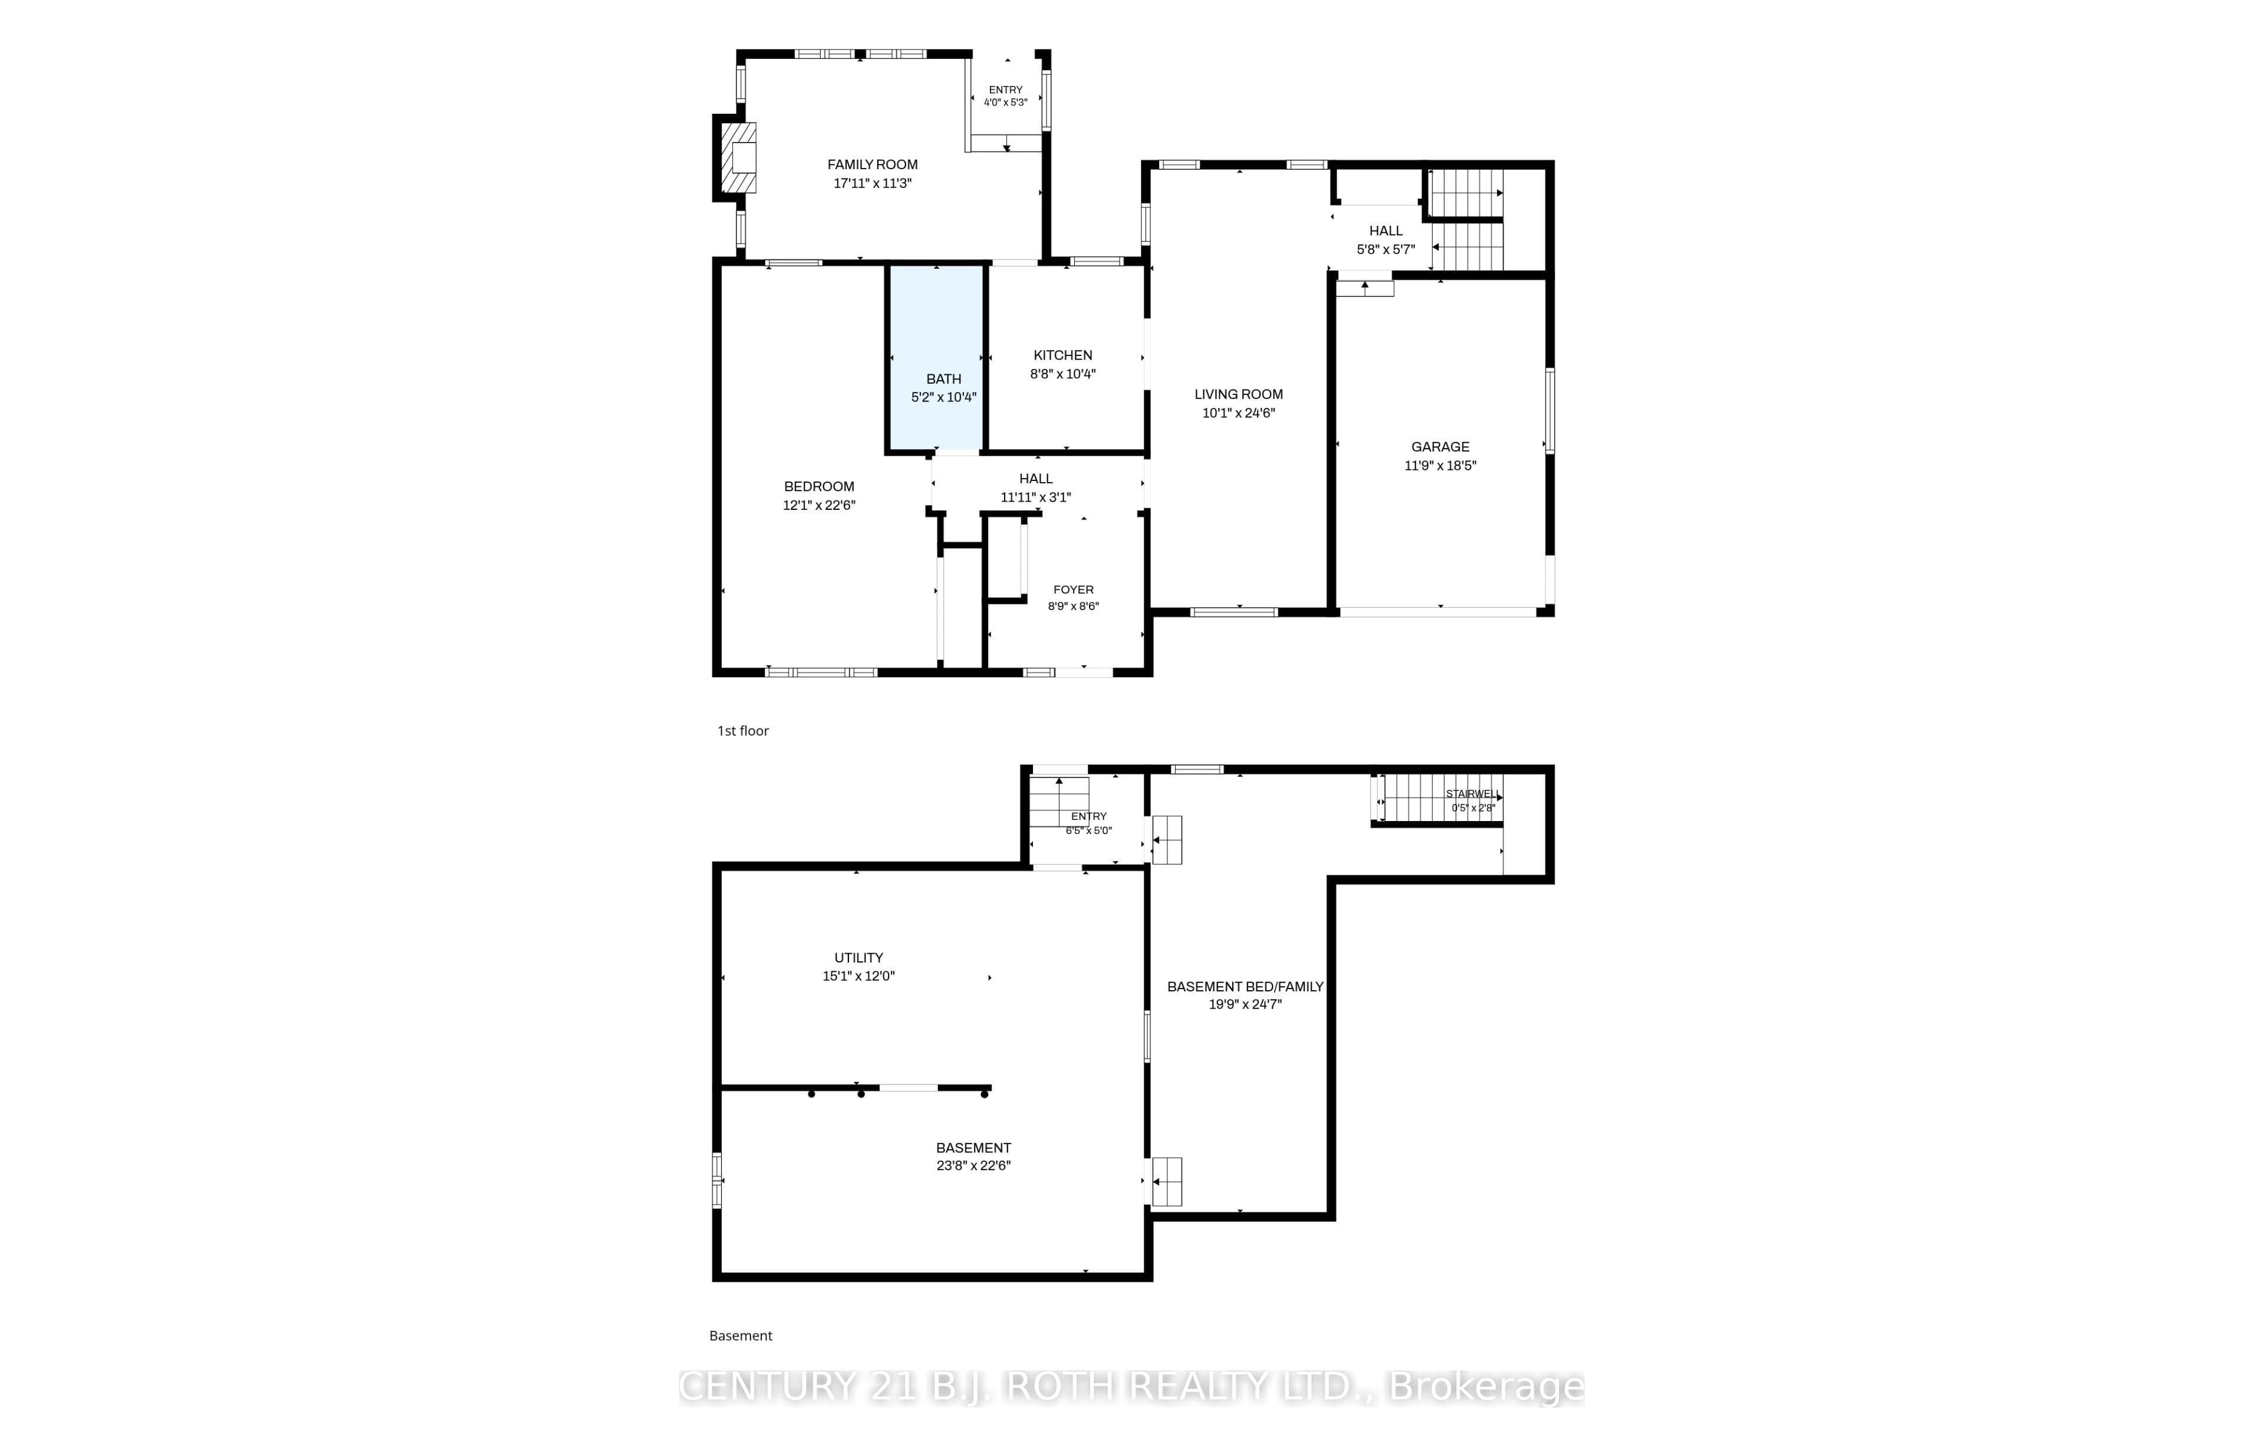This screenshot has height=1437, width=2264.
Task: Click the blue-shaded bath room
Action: pyautogui.click(x=936, y=357)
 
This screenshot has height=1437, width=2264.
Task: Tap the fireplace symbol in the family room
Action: pyautogui.click(x=739, y=158)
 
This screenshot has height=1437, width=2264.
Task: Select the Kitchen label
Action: pyautogui.click(x=1062, y=355)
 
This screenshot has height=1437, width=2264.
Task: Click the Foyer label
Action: pyautogui.click(x=1073, y=590)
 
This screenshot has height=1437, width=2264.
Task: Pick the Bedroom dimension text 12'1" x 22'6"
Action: pyautogui.click(x=819, y=505)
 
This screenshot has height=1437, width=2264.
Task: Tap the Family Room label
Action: pyautogui.click(x=873, y=164)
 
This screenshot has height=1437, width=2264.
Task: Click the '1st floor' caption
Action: pyautogui.click(x=743, y=730)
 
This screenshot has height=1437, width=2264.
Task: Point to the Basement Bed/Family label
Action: pyautogui.click(x=1245, y=987)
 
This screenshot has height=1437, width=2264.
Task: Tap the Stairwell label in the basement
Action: pyautogui.click(x=1472, y=794)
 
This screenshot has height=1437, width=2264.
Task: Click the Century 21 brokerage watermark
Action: pyautogui.click(x=1131, y=1386)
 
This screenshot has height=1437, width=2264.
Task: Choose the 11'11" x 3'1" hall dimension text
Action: pyautogui.click(x=1035, y=497)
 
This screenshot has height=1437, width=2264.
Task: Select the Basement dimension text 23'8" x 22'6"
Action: pyautogui.click(x=973, y=1165)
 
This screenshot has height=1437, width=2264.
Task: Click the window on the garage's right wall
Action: pyautogui.click(x=1549, y=411)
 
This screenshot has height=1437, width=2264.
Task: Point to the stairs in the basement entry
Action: pyautogui.click(x=1059, y=802)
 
